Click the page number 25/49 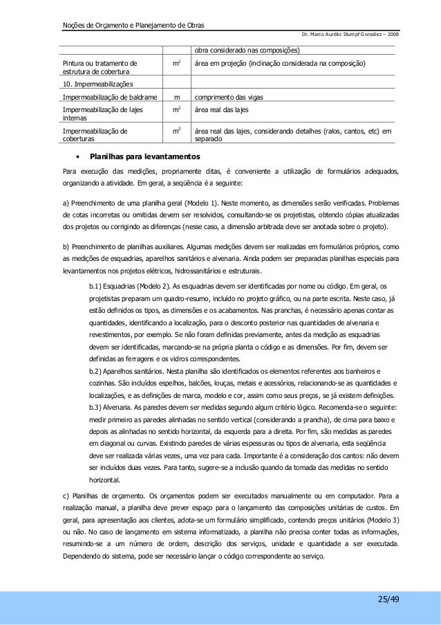tap(388, 598)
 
